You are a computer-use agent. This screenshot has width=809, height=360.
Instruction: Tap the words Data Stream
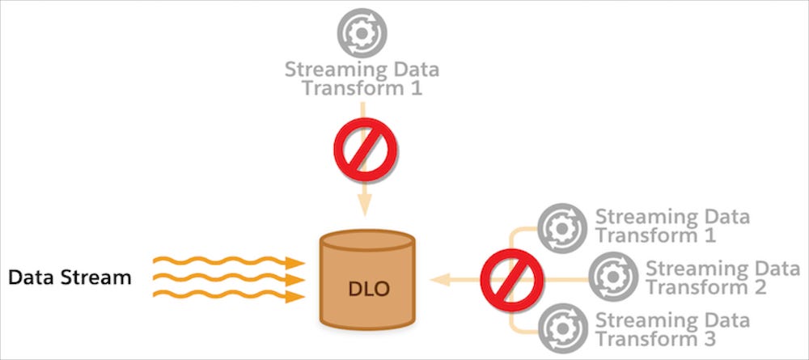coord(70,277)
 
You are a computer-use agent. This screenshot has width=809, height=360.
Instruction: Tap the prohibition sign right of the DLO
coord(510,279)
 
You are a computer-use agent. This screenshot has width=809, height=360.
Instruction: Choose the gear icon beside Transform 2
coord(612,277)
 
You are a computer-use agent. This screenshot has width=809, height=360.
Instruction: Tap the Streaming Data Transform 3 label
coord(672,328)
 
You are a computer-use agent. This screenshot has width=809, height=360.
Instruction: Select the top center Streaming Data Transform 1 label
coord(362,78)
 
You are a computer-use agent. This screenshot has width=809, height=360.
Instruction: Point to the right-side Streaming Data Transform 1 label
coord(672,227)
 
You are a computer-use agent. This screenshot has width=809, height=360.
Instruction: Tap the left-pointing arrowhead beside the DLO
coord(439,279)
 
